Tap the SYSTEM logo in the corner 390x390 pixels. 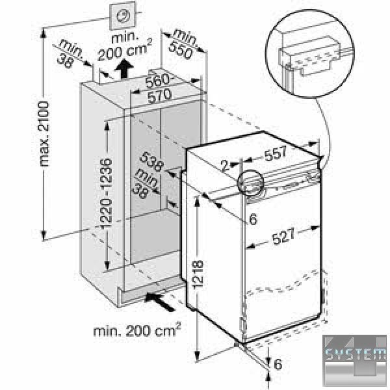[x=356, y=356]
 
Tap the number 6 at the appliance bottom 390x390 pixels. [x=278, y=365]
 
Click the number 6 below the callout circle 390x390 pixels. [x=252, y=218]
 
